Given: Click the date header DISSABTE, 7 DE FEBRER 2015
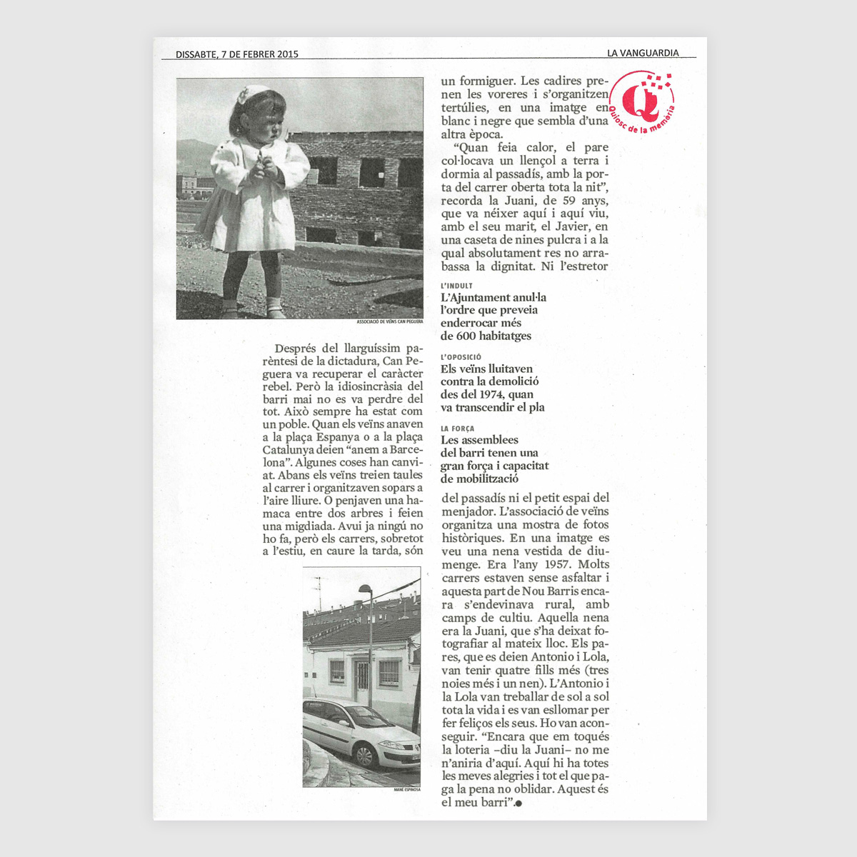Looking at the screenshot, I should pyautogui.click(x=237, y=54).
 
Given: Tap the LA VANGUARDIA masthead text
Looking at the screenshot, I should pyautogui.click(x=643, y=53).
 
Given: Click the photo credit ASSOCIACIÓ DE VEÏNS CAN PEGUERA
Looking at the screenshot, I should pyautogui.click(x=390, y=322).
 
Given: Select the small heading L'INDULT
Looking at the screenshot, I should pyautogui.click(x=456, y=286).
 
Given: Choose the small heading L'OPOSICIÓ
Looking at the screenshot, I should pyautogui.click(x=461, y=357).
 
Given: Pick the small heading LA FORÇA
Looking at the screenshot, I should pyautogui.click(x=457, y=428).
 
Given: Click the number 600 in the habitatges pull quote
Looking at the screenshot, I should pyautogui.click(x=466, y=336).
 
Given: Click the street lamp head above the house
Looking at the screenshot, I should pyautogui.click(x=365, y=590).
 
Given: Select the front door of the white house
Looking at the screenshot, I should pyautogui.click(x=361, y=682).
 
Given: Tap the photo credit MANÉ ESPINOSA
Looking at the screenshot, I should pyautogui.click(x=406, y=790).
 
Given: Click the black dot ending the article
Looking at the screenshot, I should pyautogui.click(x=518, y=803).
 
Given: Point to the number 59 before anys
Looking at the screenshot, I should pyautogui.click(x=569, y=201).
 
